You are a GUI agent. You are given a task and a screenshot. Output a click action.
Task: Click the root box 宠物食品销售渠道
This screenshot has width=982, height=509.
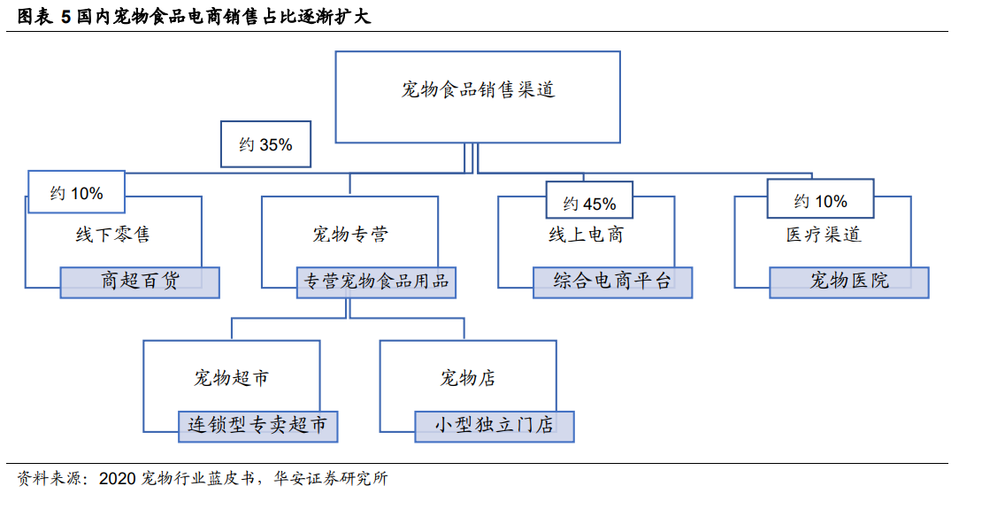click(x=477, y=97)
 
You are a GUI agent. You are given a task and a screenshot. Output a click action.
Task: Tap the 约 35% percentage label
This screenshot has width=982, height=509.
click(x=265, y=144)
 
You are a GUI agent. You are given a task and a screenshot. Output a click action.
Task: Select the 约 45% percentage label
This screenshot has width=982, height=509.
click(x=588, y=200)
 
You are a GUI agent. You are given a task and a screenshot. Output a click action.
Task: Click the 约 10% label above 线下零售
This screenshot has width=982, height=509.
click(x=76, y=192)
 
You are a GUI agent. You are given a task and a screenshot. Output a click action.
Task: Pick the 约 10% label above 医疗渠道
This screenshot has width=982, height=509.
click(x=820, y=198)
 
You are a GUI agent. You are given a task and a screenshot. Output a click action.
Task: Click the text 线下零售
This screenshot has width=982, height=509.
click(x=112, y=235)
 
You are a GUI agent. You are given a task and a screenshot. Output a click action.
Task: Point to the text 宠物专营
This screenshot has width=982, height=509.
click(x=350, y=235)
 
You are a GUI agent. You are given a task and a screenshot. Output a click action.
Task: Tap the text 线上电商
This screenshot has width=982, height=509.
click(x=587, y=235)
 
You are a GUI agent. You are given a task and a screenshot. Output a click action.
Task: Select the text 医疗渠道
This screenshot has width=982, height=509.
click(x=824, y=235)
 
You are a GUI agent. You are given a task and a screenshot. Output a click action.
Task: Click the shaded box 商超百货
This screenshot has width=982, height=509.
click(x=140, y=282)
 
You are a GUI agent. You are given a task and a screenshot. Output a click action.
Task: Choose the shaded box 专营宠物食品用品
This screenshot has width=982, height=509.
click(x=376, y=282)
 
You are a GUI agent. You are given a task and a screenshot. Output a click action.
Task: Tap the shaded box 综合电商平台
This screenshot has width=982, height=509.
click(x=612, y=282)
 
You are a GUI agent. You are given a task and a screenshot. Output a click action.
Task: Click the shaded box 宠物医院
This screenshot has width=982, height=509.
click(x=849, y=282)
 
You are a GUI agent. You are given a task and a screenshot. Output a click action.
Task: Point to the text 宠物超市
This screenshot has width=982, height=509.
click(x=232, y=378)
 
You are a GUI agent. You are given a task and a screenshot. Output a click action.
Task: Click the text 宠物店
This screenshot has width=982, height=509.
click(x=468, y=378)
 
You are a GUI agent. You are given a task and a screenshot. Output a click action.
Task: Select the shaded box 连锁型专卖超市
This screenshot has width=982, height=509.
click(x=258, y=427)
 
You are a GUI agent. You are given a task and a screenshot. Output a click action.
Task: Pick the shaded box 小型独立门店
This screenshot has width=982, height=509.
click(x=495, y=427)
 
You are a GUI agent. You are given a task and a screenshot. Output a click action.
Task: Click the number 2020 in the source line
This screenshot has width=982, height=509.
click(x=118, y=479)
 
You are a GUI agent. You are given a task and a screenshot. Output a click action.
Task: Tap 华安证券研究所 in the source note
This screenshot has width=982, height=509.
click(x=331, y=479)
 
